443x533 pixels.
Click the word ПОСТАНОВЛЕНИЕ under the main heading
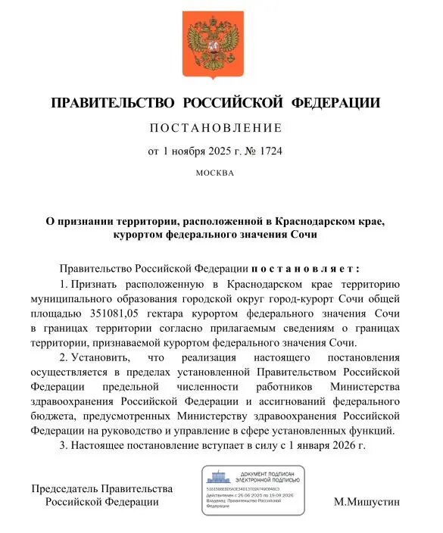tap(216, 127)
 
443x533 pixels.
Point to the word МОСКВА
tap(216, 173)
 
